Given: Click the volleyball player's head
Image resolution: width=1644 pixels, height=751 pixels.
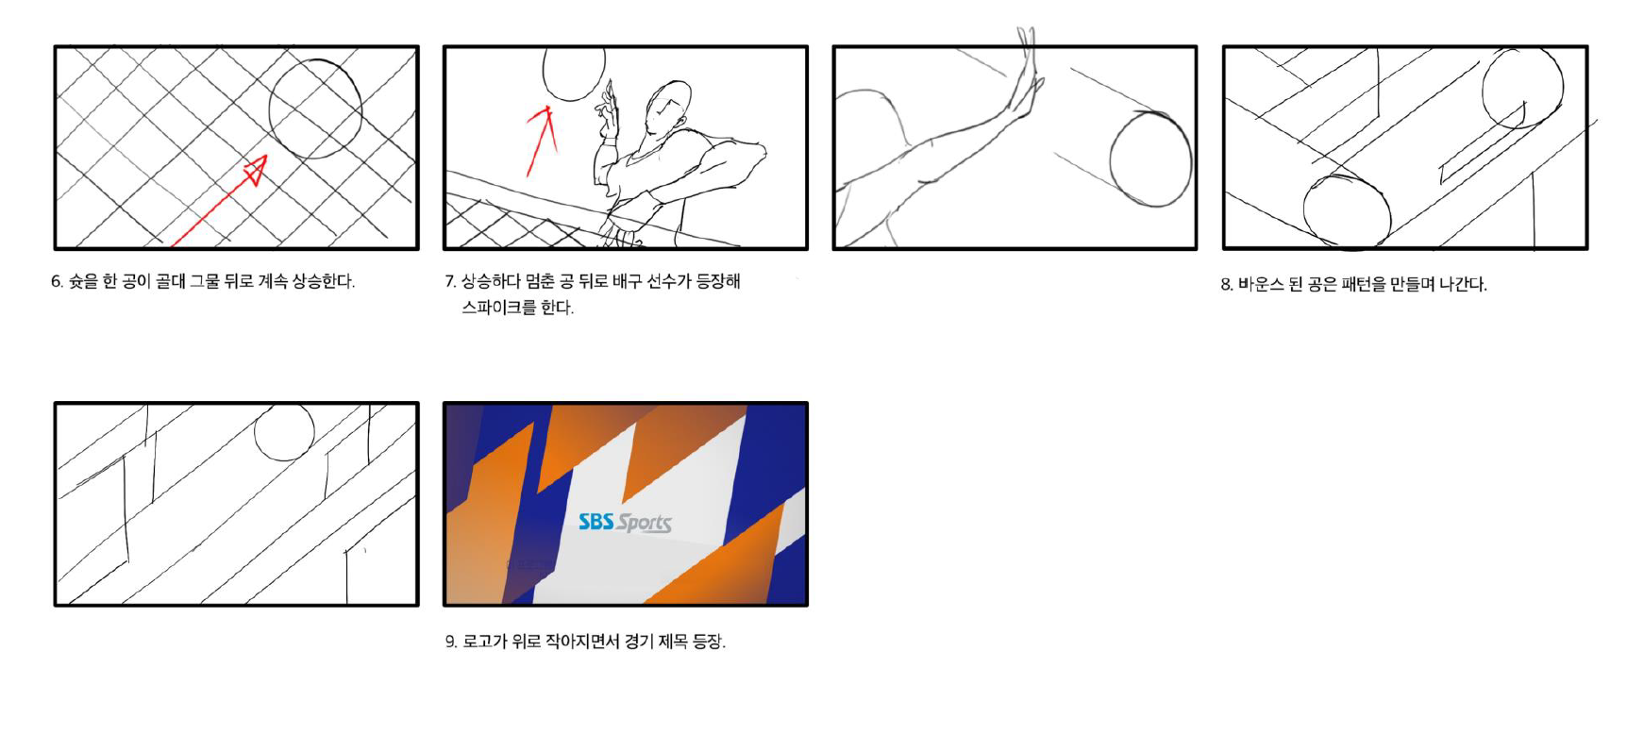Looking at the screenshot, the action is pyautogui.click(x=667, y=107).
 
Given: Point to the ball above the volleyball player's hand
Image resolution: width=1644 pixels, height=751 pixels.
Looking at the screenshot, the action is pyautogui.click(x=573, y=97).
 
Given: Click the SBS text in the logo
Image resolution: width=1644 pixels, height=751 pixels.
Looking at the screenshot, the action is pyautogui.click(x=596, y=521).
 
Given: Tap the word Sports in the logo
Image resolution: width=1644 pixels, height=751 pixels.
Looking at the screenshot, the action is pyautogui.click(x=645, y=524).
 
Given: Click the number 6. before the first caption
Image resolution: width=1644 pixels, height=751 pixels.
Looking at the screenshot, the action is pyautogui.click(x=57, y=281).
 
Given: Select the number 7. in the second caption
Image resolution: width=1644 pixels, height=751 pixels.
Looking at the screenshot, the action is pyautogui.click(x=450, y=281).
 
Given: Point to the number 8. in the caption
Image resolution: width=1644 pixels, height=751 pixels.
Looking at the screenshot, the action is pyautogui.click(x=1226, y=284).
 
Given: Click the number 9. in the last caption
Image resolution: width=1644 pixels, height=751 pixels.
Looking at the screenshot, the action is pyautogui.click(x=451, y=642).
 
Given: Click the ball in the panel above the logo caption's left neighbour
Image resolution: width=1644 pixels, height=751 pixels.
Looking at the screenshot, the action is pyautogui.click(x=284, y=432).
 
